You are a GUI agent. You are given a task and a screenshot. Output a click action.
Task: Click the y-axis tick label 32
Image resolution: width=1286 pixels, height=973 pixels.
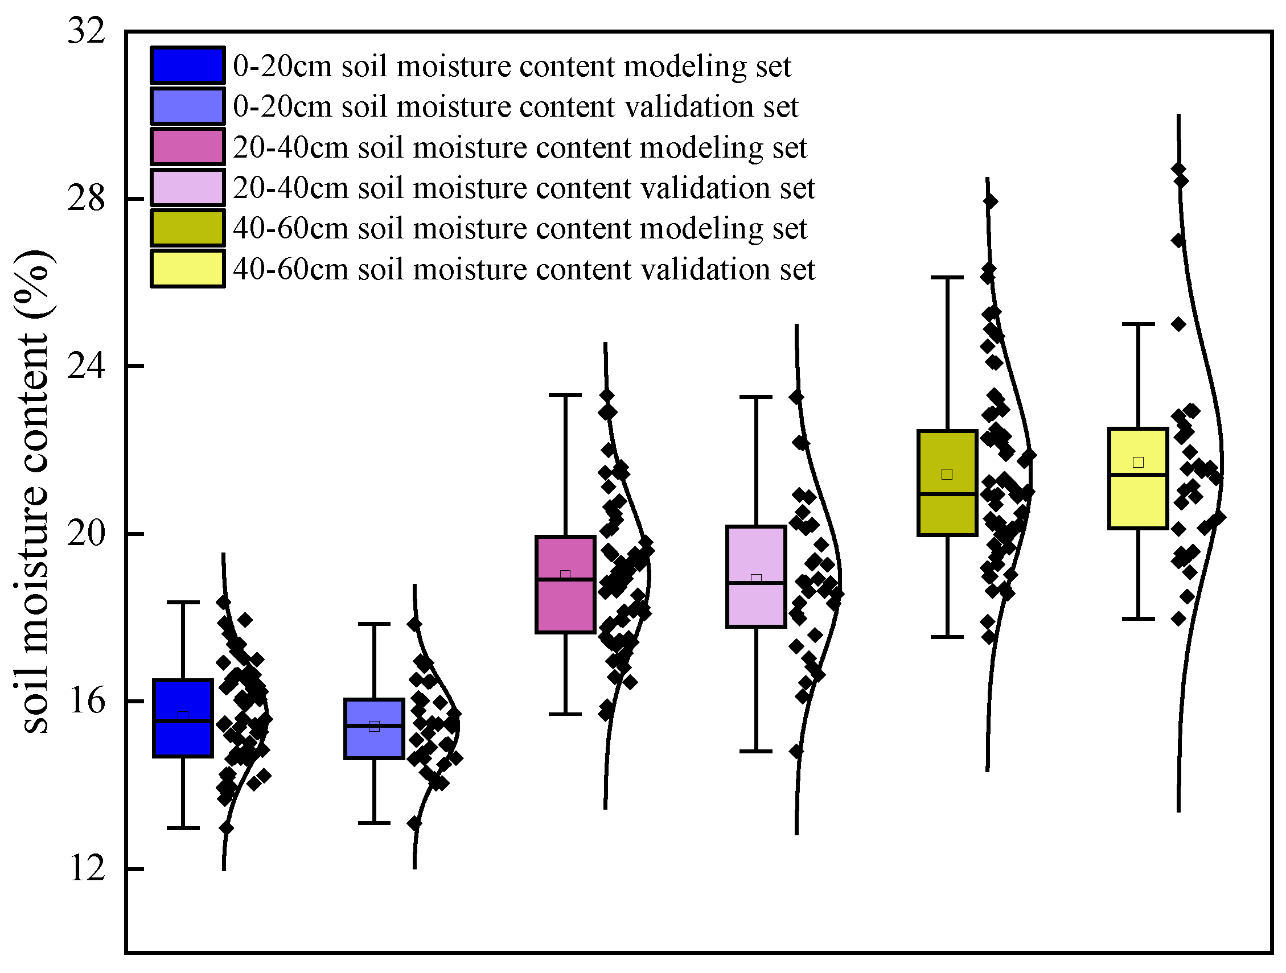point(87,30)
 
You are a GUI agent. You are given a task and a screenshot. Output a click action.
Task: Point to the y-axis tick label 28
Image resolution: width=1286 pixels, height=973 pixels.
point(87,199)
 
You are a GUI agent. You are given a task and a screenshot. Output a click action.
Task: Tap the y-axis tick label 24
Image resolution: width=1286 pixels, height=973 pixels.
point(87,366)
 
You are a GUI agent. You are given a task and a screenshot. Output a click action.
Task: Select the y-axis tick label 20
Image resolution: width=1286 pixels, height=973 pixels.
point(87,534)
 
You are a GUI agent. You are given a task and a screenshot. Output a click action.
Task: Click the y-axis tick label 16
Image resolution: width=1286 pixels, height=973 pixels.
point(87,702)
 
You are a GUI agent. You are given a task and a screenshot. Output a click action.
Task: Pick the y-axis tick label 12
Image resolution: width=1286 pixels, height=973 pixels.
point(87,869)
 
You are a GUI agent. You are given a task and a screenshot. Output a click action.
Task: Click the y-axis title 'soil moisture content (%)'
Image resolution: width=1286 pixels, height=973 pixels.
point(33,491)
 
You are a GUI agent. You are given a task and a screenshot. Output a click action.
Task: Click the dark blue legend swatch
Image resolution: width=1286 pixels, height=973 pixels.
point(187,65)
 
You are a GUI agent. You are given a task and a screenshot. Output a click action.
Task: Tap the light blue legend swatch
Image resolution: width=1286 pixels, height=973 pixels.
point(187,106)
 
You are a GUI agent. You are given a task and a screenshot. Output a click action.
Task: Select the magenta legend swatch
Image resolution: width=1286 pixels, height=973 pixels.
point(187,147)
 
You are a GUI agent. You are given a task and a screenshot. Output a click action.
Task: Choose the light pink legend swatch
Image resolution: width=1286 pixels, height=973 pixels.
point(187,188)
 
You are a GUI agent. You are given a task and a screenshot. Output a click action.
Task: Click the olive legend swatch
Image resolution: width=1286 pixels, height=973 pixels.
point(187,228)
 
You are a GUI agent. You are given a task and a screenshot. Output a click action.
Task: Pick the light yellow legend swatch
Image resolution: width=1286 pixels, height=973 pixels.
point(187,269)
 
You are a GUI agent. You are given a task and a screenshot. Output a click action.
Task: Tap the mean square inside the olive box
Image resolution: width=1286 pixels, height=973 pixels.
point(947,475)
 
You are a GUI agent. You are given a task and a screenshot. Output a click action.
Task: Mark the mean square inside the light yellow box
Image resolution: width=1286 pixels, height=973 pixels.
point(1138,462)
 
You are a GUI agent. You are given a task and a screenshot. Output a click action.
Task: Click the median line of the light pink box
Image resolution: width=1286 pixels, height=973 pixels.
point(756,583)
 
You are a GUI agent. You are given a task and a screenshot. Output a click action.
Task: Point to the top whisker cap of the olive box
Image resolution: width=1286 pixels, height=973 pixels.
point(947,278)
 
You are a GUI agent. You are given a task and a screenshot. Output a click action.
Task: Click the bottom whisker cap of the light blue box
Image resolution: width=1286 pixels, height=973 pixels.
point(374,823)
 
